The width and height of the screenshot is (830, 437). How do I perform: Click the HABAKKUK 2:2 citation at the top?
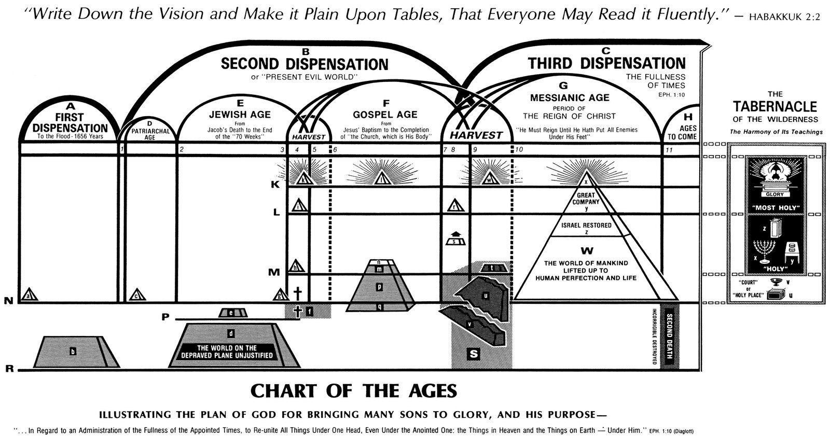click(779, 16)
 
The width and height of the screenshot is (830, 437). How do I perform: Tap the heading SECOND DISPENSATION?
click(305, 64)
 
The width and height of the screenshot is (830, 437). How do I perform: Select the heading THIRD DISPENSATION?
click(606, 64)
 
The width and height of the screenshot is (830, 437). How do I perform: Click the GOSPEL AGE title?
click(385, 115)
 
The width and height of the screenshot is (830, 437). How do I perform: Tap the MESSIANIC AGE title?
click(569, 97)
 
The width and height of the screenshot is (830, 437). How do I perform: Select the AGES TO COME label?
click(682, 132)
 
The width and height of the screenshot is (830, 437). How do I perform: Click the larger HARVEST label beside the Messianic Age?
click(476, 135)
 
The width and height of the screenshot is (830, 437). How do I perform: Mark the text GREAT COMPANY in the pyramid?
click(586, 199)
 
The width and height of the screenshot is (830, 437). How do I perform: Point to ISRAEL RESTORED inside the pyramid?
click(586, 225)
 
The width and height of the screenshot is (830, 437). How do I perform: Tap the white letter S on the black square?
click(474, 354)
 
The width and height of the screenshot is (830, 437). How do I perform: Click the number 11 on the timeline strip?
click(669, 150)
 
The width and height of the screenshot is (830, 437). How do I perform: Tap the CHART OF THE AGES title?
click(354, 391)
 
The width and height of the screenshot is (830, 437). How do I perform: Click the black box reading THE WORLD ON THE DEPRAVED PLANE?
click(226, 351)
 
